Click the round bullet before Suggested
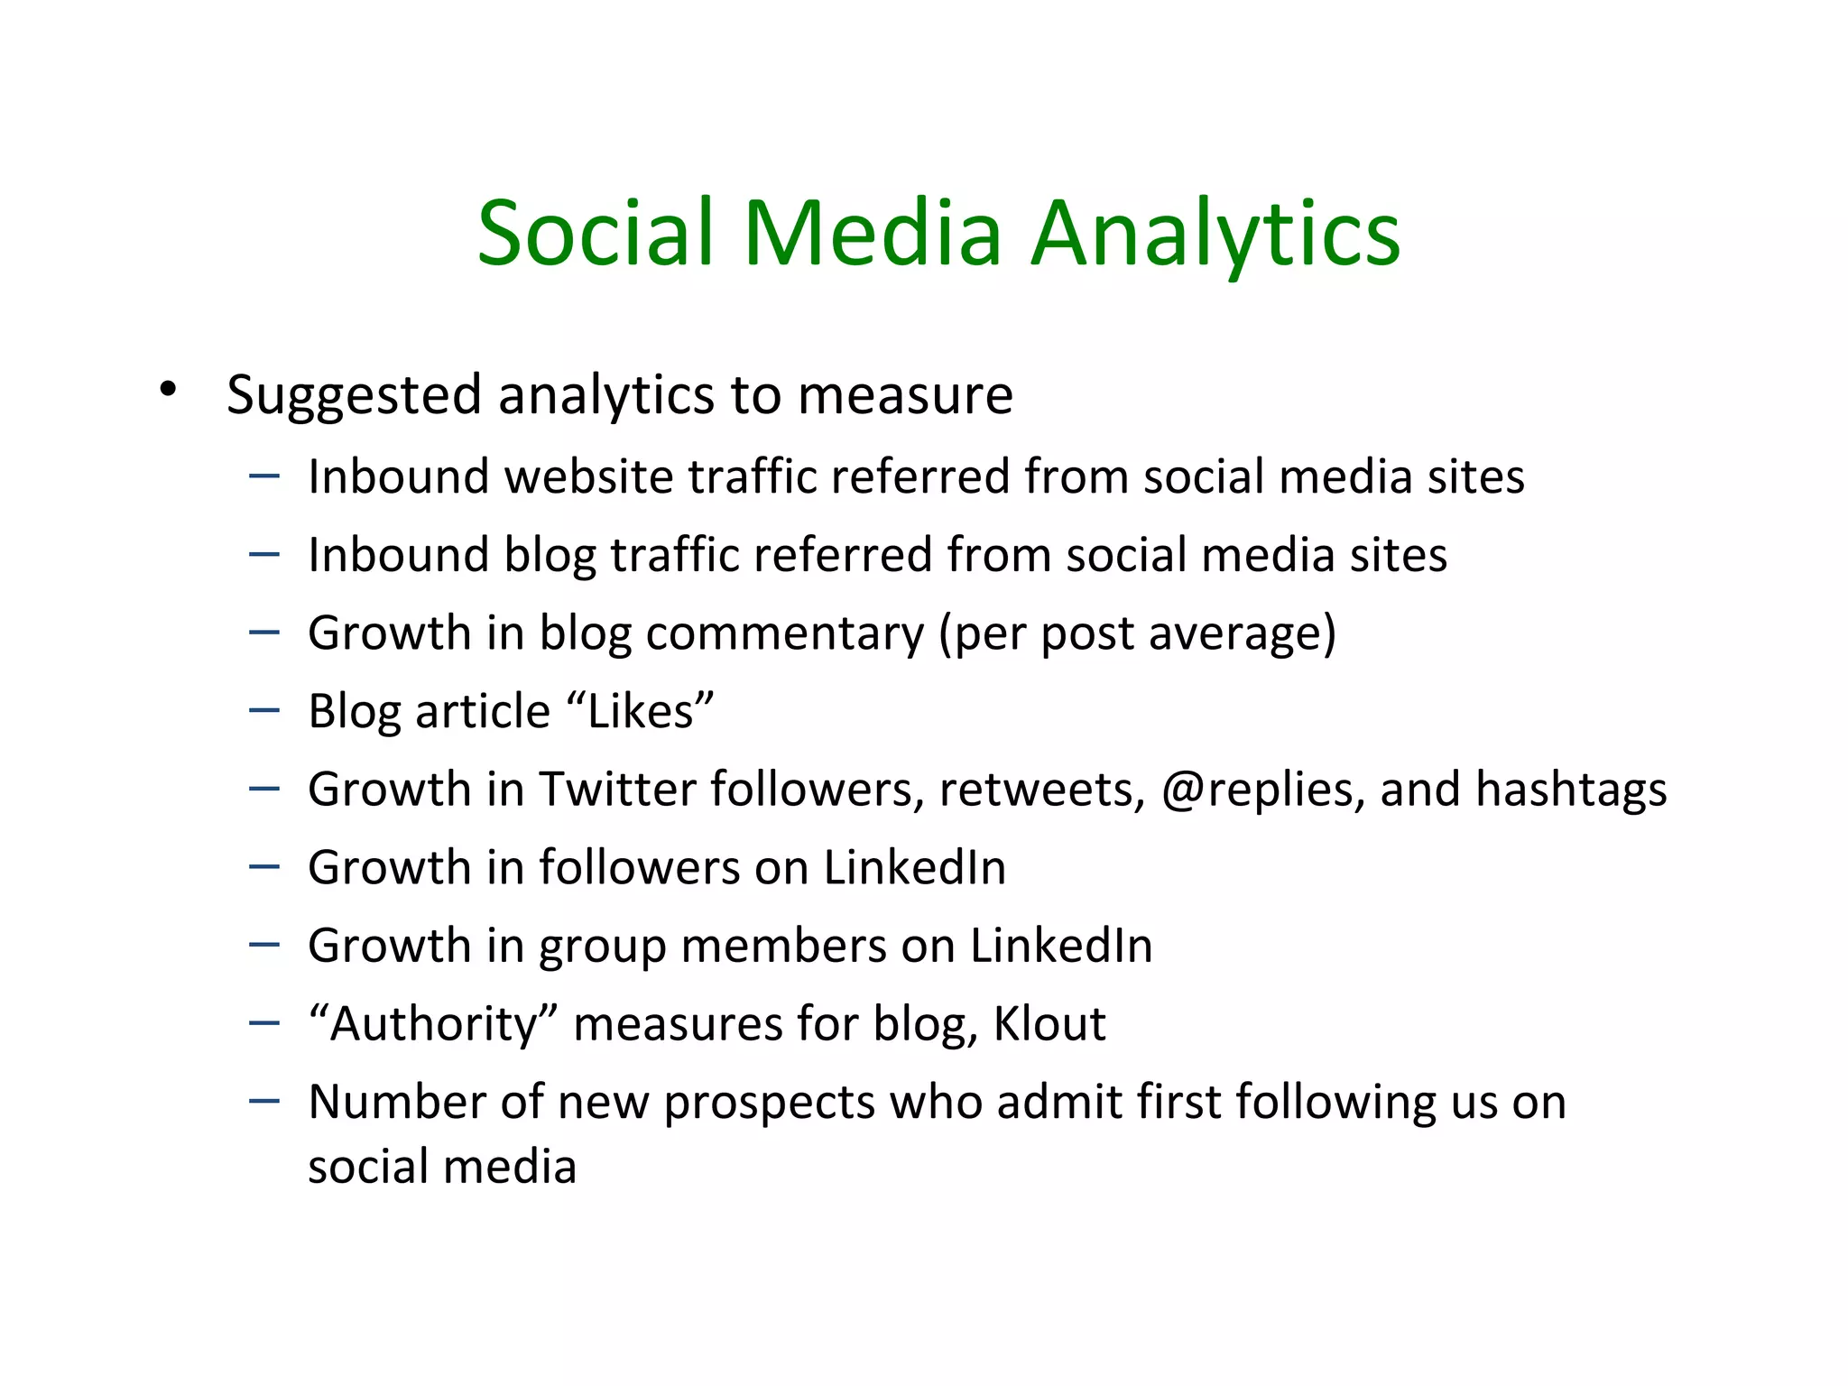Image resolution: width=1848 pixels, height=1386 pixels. tap(167, 391)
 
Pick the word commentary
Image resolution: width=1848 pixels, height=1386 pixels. tap(785, 633)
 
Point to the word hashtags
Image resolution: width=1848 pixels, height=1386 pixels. tap(1571, 790)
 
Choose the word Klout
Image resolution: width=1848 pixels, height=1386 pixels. tap(1049, 1024)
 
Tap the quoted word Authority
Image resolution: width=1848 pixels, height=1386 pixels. tap(434, 1024)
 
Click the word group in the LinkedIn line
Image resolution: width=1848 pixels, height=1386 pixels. tap(602, 947)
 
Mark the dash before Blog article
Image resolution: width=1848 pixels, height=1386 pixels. tap(264, 710)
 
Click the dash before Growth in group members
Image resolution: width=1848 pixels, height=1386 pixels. tap(264, 945)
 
